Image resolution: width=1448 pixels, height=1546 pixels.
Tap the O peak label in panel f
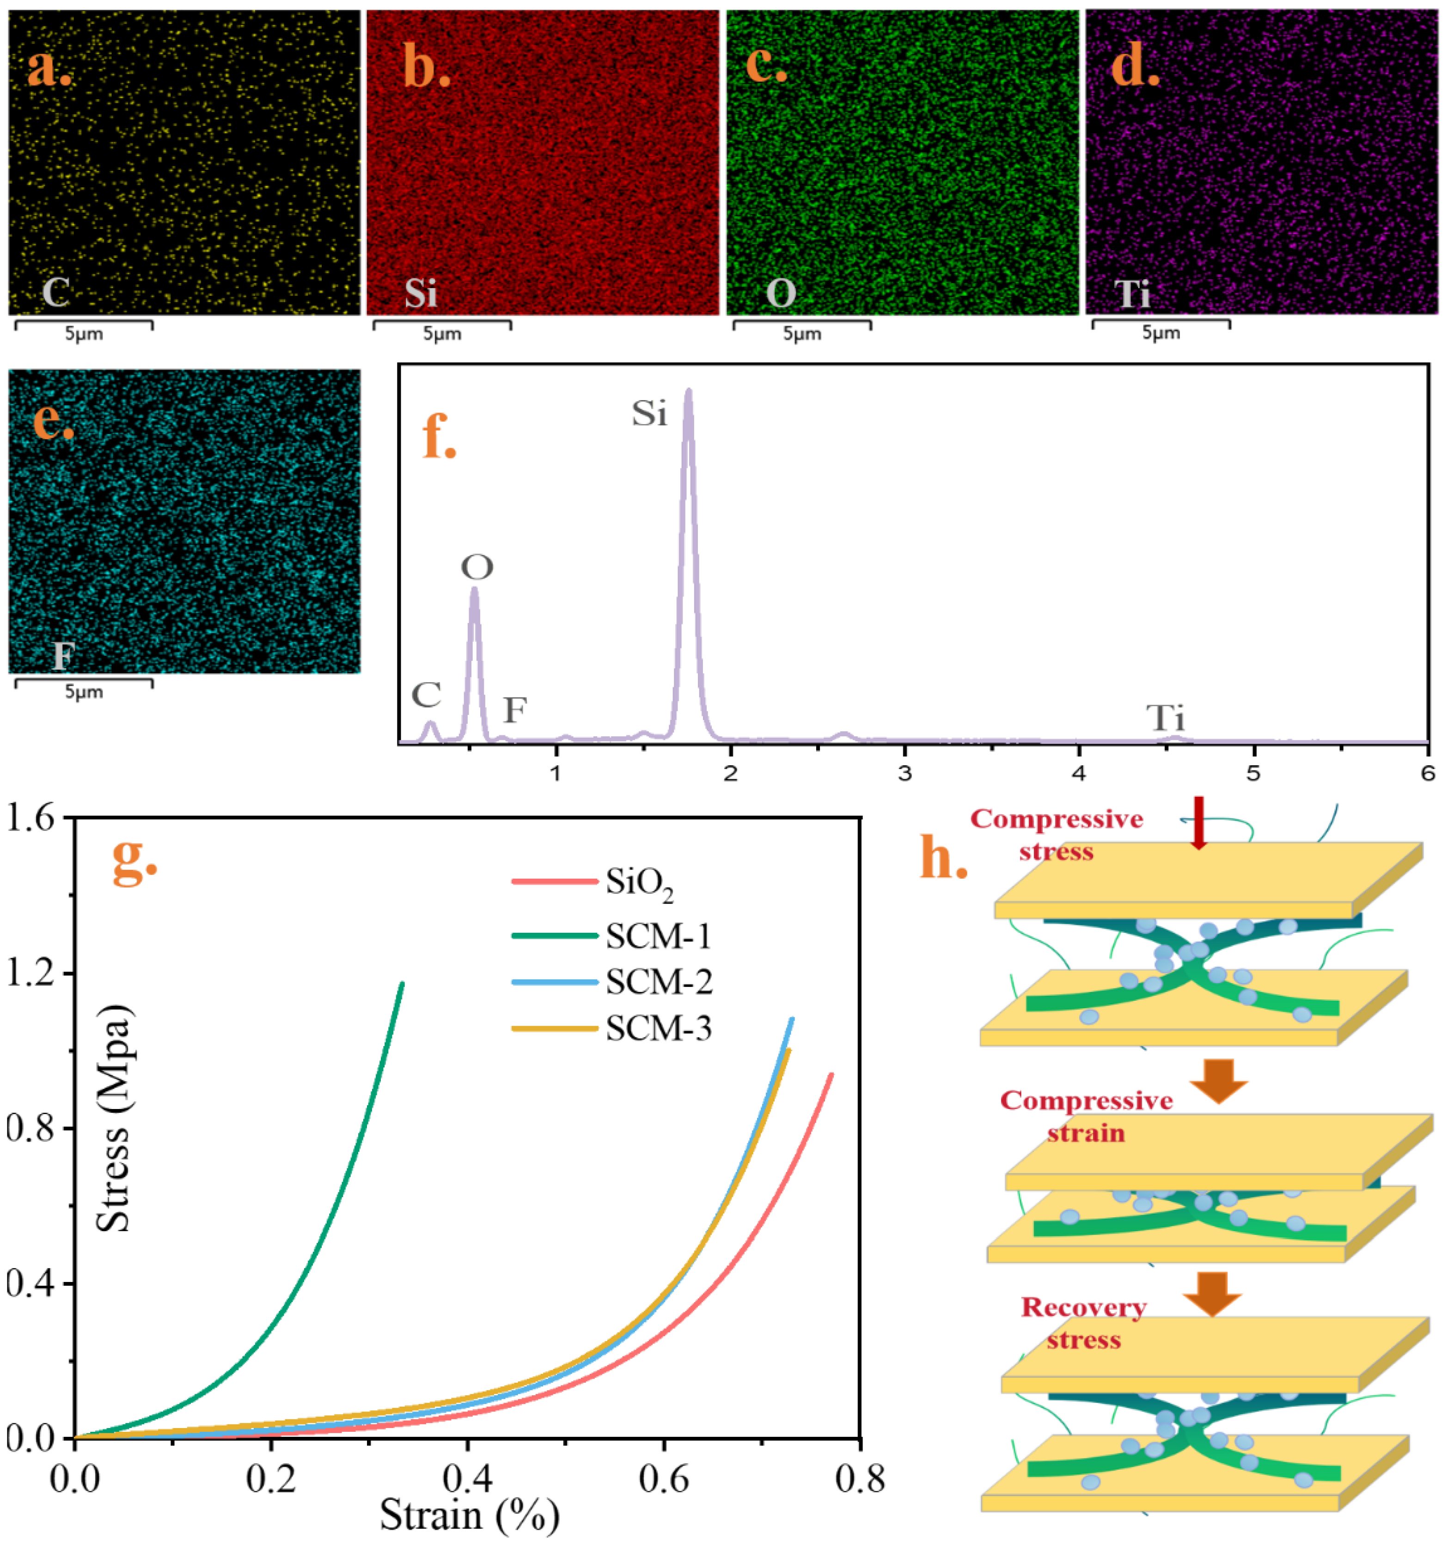tap(477, 568)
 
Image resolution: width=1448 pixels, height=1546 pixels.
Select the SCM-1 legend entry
tap(612, 936)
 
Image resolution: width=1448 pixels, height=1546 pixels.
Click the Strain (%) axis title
tap(470, 1515)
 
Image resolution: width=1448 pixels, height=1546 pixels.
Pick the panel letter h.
tap(943, 858)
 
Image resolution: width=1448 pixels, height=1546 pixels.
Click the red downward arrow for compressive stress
tap(1198, 821)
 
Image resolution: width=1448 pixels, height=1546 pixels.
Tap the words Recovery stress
tap(1083, 1324)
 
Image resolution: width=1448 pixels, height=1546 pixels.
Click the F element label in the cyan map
tap(62, 656)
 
